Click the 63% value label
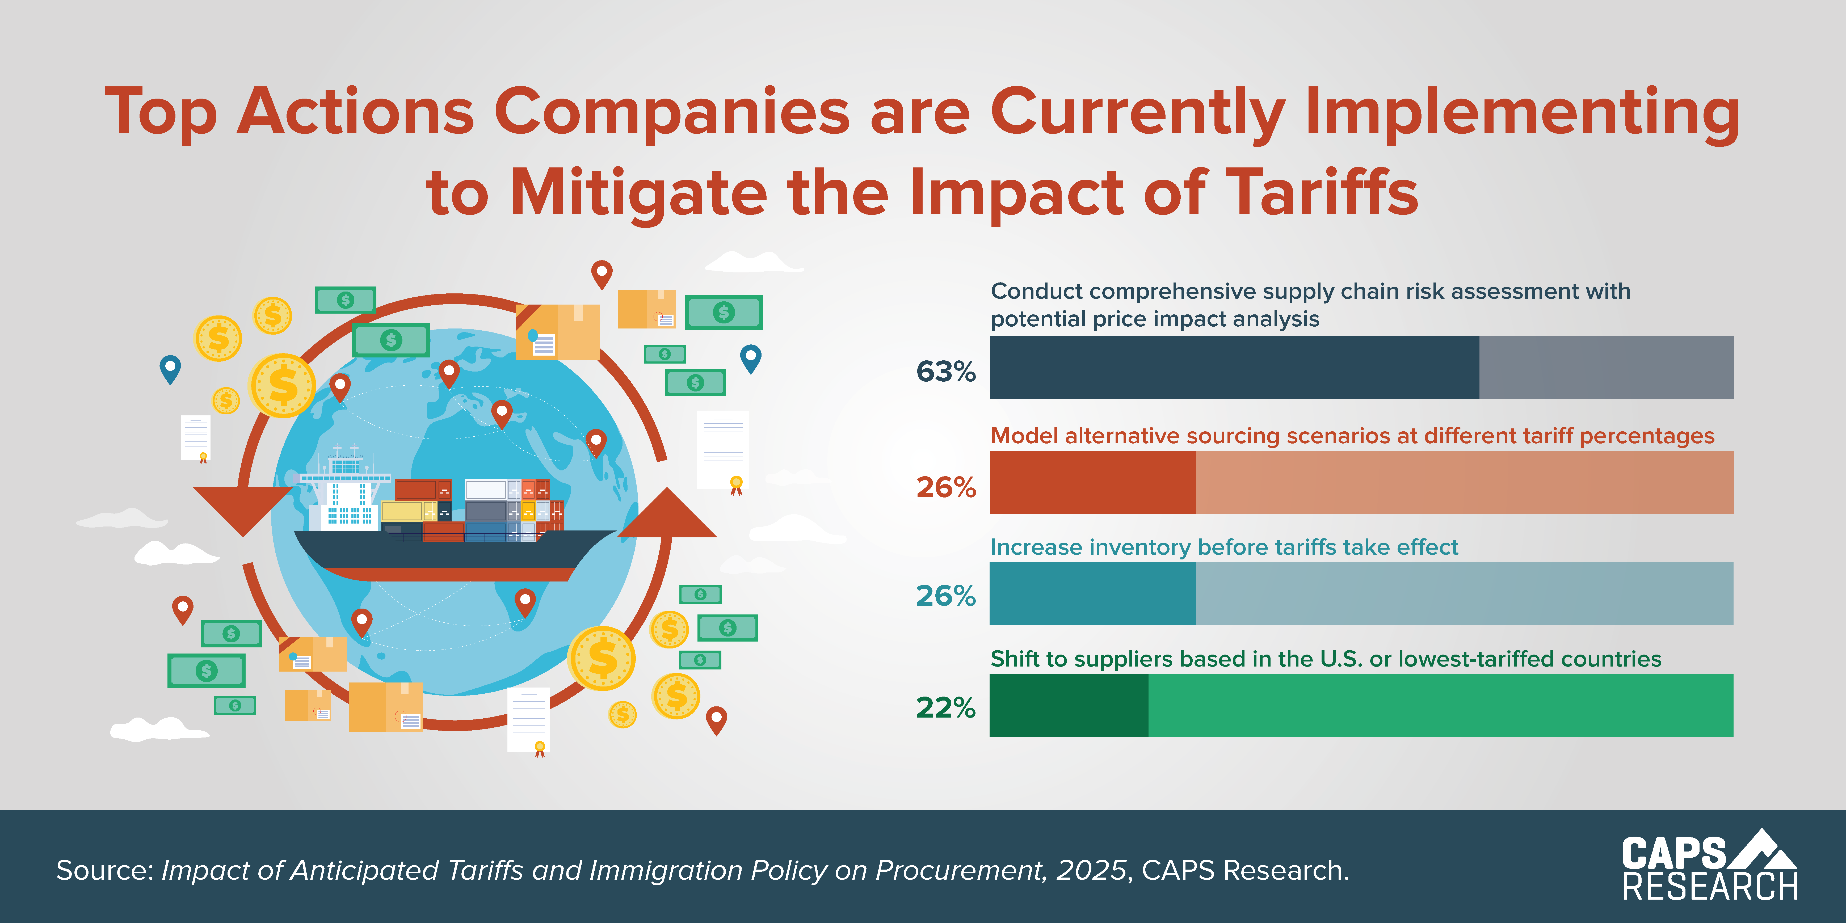click(x=945, y=371)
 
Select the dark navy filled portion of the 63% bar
click(x=1233, y=367)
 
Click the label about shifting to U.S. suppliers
click(x=1325, y=659)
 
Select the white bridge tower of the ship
click(x=346, y=495)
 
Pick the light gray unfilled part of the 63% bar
click(x=1605, y=367)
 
